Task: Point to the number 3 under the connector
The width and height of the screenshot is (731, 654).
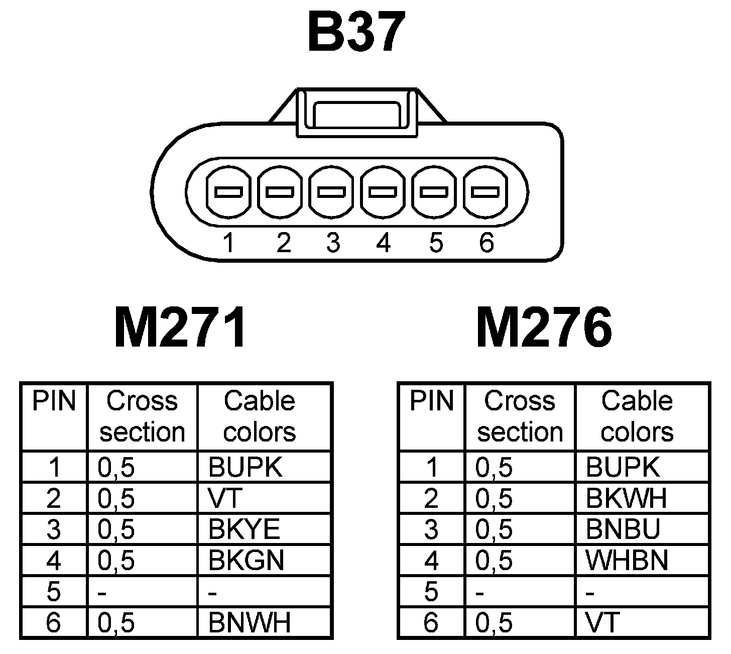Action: [x=332, y=243]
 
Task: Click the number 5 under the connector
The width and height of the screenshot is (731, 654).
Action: [x=435, y=243]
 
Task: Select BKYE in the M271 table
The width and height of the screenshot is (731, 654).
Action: [x=244, y=529]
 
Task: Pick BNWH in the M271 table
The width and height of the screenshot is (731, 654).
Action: [x=250, y=623]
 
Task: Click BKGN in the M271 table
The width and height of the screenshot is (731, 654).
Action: [x=246, y=560]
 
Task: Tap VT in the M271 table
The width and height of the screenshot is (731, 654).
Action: [x=225, y=498]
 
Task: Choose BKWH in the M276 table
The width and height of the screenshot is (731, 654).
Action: [x=626, y=498]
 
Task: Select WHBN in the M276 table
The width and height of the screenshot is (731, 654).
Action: [x=627, y=560]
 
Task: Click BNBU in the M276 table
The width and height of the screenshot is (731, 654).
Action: [x=623, y=529]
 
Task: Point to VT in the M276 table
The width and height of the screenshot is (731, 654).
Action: [x=602, y=623]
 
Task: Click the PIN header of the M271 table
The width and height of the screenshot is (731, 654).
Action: [x=54, y=401]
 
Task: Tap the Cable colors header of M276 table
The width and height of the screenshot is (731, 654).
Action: [x=637, y=416]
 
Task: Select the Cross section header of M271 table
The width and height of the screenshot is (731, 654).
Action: [x=142, y=416]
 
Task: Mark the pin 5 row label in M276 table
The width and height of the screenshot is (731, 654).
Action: [x=431, y=592]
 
